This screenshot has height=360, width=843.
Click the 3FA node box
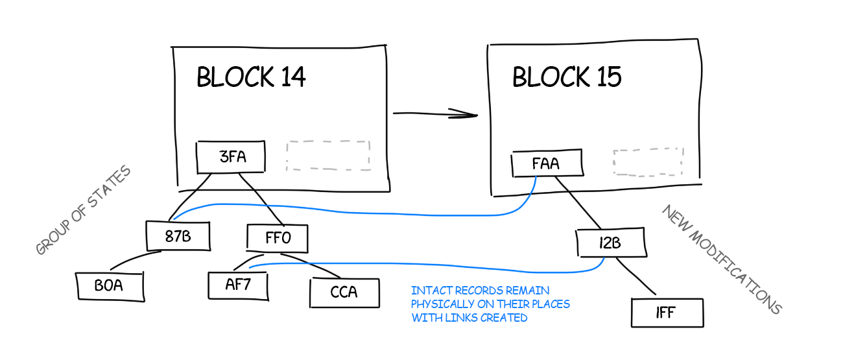[x=232, y=156]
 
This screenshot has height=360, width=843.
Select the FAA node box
[x=546, y=164]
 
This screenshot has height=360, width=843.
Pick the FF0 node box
[x=278, y=238]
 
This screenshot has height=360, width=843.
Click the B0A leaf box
[x=109, y=286]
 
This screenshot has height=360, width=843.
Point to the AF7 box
[x=238, y=284]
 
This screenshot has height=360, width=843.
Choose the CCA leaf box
[x=344, y=292]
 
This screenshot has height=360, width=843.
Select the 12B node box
[x=611, y=243]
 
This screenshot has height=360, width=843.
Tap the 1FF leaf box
[x=666, y=313]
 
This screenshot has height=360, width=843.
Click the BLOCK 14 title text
[x=251, y=78]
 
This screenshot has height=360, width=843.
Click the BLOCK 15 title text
[x=567, y=77]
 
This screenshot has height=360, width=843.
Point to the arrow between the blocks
[x=434, y=114]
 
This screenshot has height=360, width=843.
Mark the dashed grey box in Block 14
[x=328, y=155]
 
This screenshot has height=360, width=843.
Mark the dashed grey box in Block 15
[x=648, y=162]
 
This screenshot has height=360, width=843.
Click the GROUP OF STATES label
[x=83, y=210]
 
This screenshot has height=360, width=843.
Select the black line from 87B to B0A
[x=134, y=259]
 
